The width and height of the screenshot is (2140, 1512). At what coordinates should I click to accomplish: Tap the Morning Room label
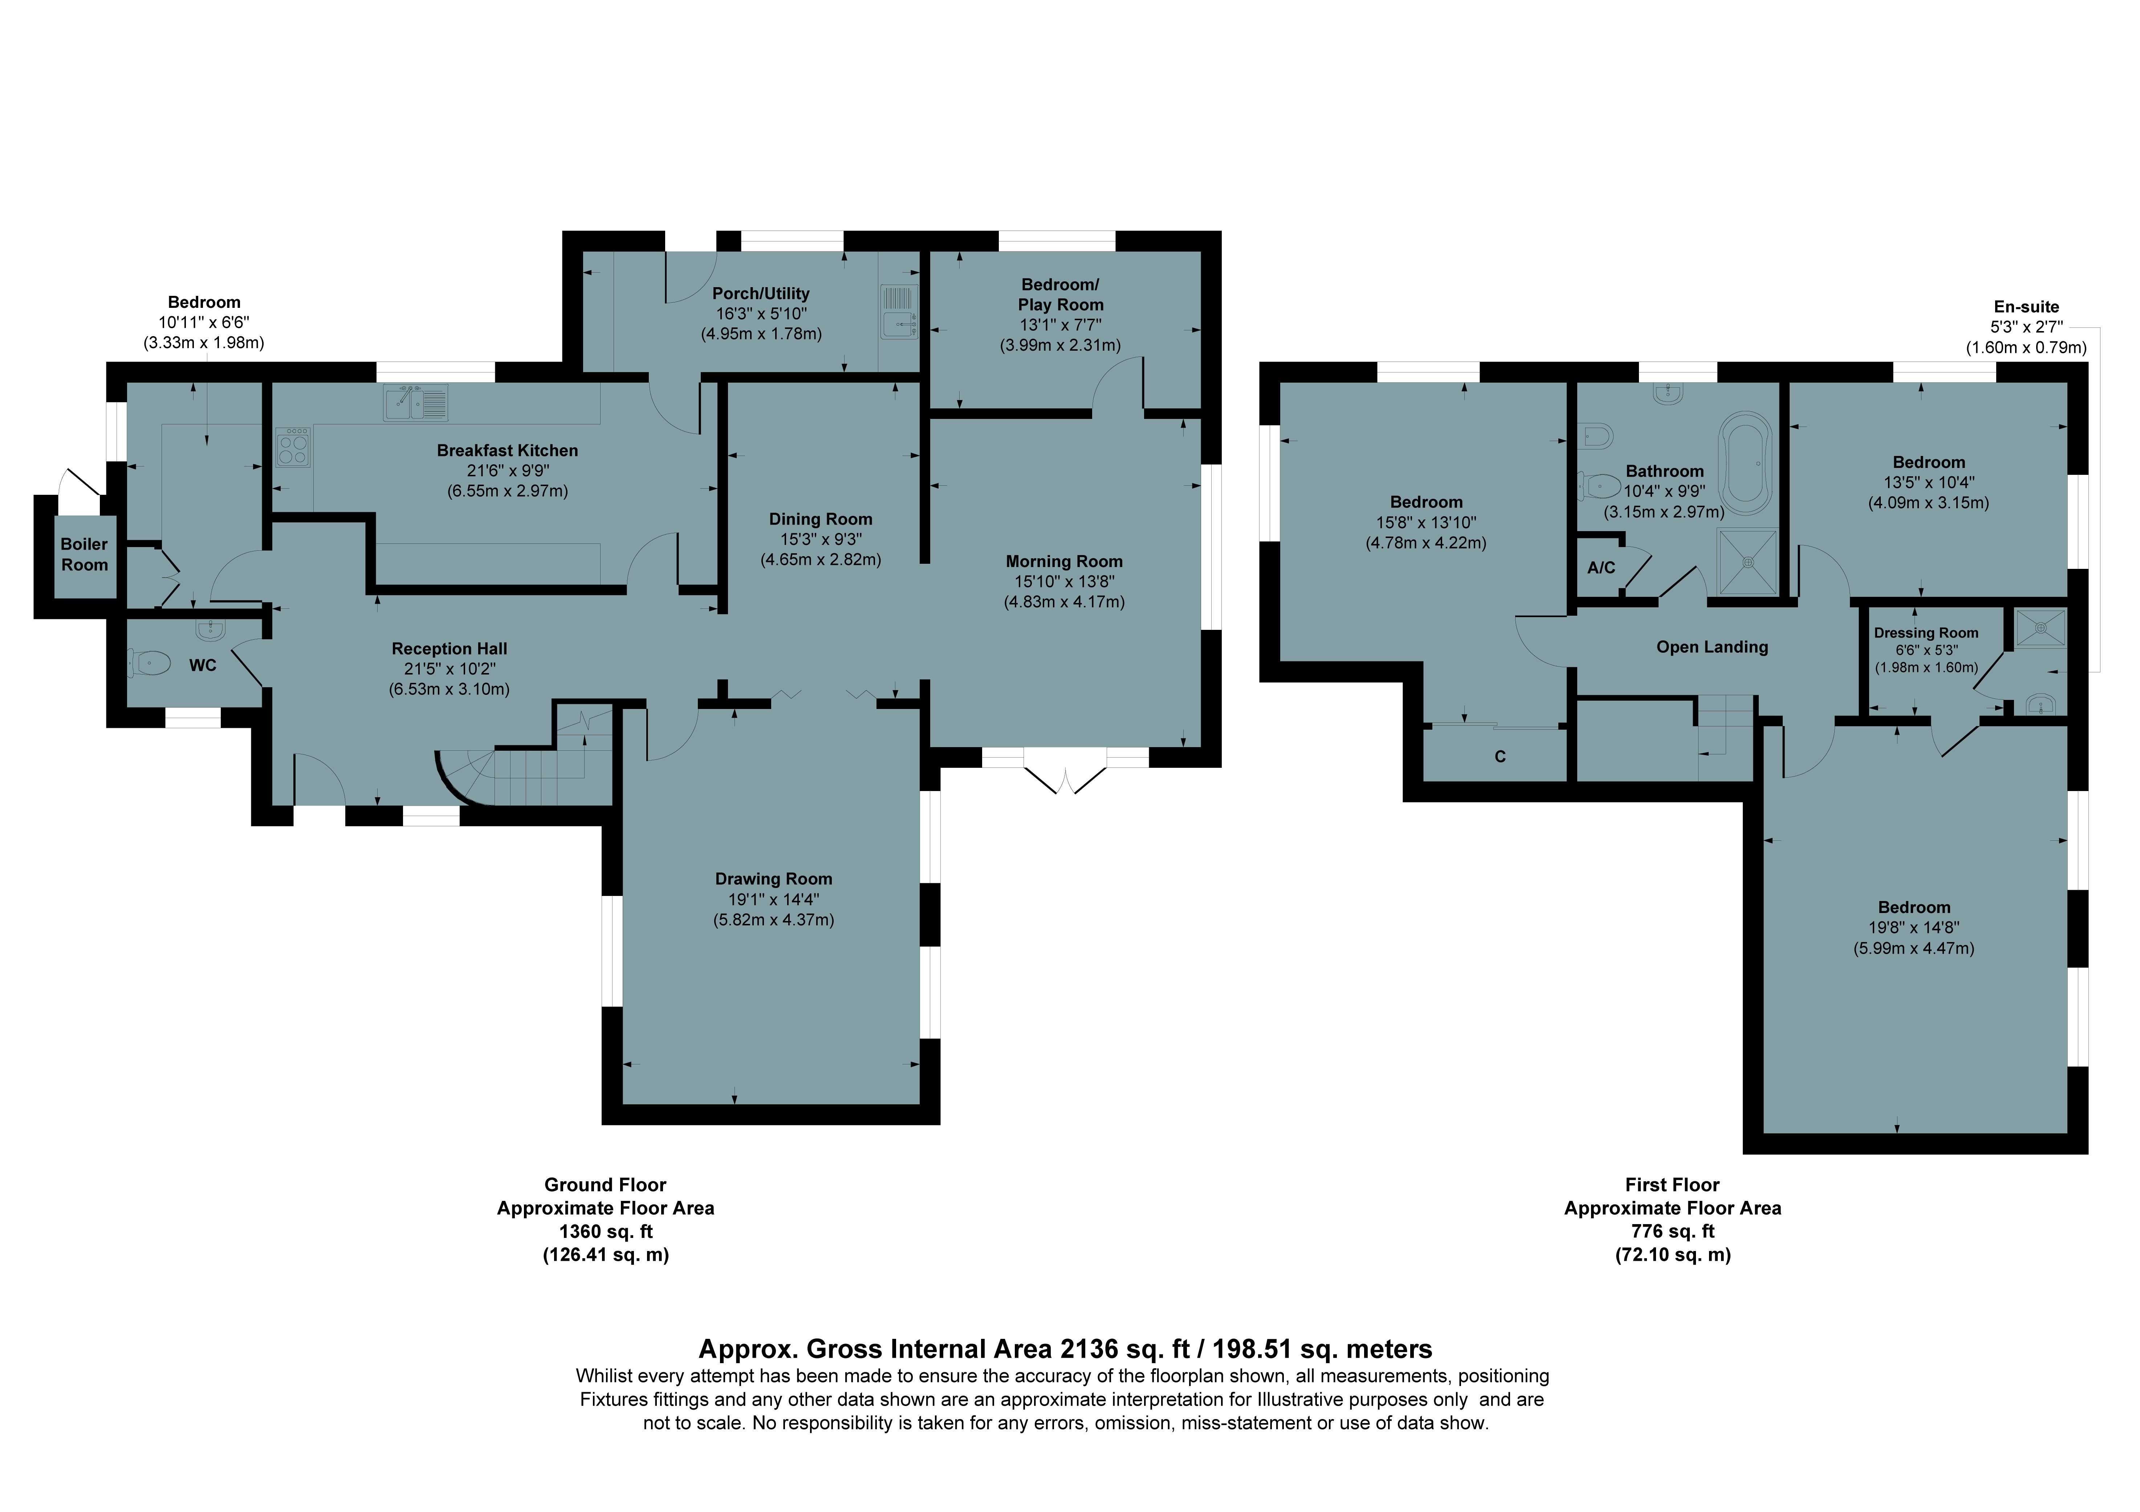(1063, 561)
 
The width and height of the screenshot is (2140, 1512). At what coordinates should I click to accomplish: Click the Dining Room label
(820, 519)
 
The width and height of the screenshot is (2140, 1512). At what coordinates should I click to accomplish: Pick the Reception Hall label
(449, 649)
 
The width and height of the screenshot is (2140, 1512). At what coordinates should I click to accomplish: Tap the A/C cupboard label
(1601, 568)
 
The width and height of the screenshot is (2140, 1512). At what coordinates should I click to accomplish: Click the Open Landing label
(1712, 647)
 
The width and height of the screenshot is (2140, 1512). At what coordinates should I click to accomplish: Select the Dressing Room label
(1926, 633)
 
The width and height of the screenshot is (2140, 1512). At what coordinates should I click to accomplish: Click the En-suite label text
(2026, 307)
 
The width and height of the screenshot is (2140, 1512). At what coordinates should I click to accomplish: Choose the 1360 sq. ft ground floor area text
(606, 1231)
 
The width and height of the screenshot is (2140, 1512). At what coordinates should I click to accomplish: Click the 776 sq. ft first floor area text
(1673, 1231)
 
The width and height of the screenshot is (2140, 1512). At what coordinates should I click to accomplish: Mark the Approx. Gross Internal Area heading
(1065, 1349)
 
